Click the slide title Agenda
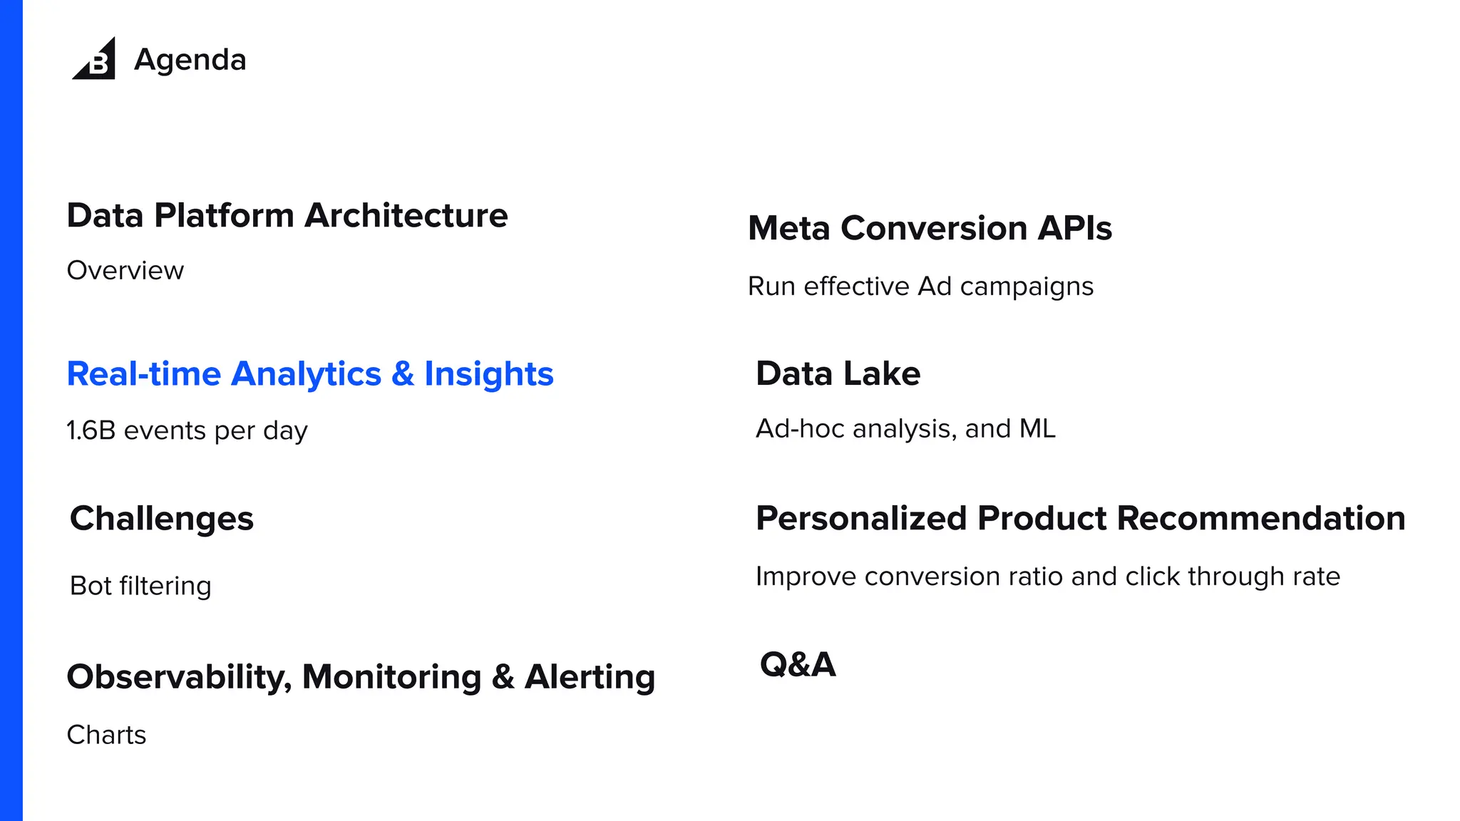point(190,60)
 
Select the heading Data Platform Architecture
point(287,215)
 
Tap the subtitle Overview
point(125,271)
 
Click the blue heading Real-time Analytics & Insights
point(309,374)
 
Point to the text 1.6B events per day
point(187,430)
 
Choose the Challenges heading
point(161,518)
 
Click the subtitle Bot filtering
point(140,586)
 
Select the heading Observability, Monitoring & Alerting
point(360,677)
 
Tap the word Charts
point(106,735)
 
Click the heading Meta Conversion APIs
point(930,228)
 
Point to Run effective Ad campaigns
point(920,286)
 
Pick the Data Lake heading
point(838,373)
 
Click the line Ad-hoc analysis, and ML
point(905,428)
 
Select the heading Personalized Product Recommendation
point(1080,518)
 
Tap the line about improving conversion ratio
point(1047,577)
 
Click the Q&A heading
point(797,664)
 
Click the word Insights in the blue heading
point(488,374)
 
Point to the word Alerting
point(590,677)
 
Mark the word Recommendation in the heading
point(1261,518)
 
